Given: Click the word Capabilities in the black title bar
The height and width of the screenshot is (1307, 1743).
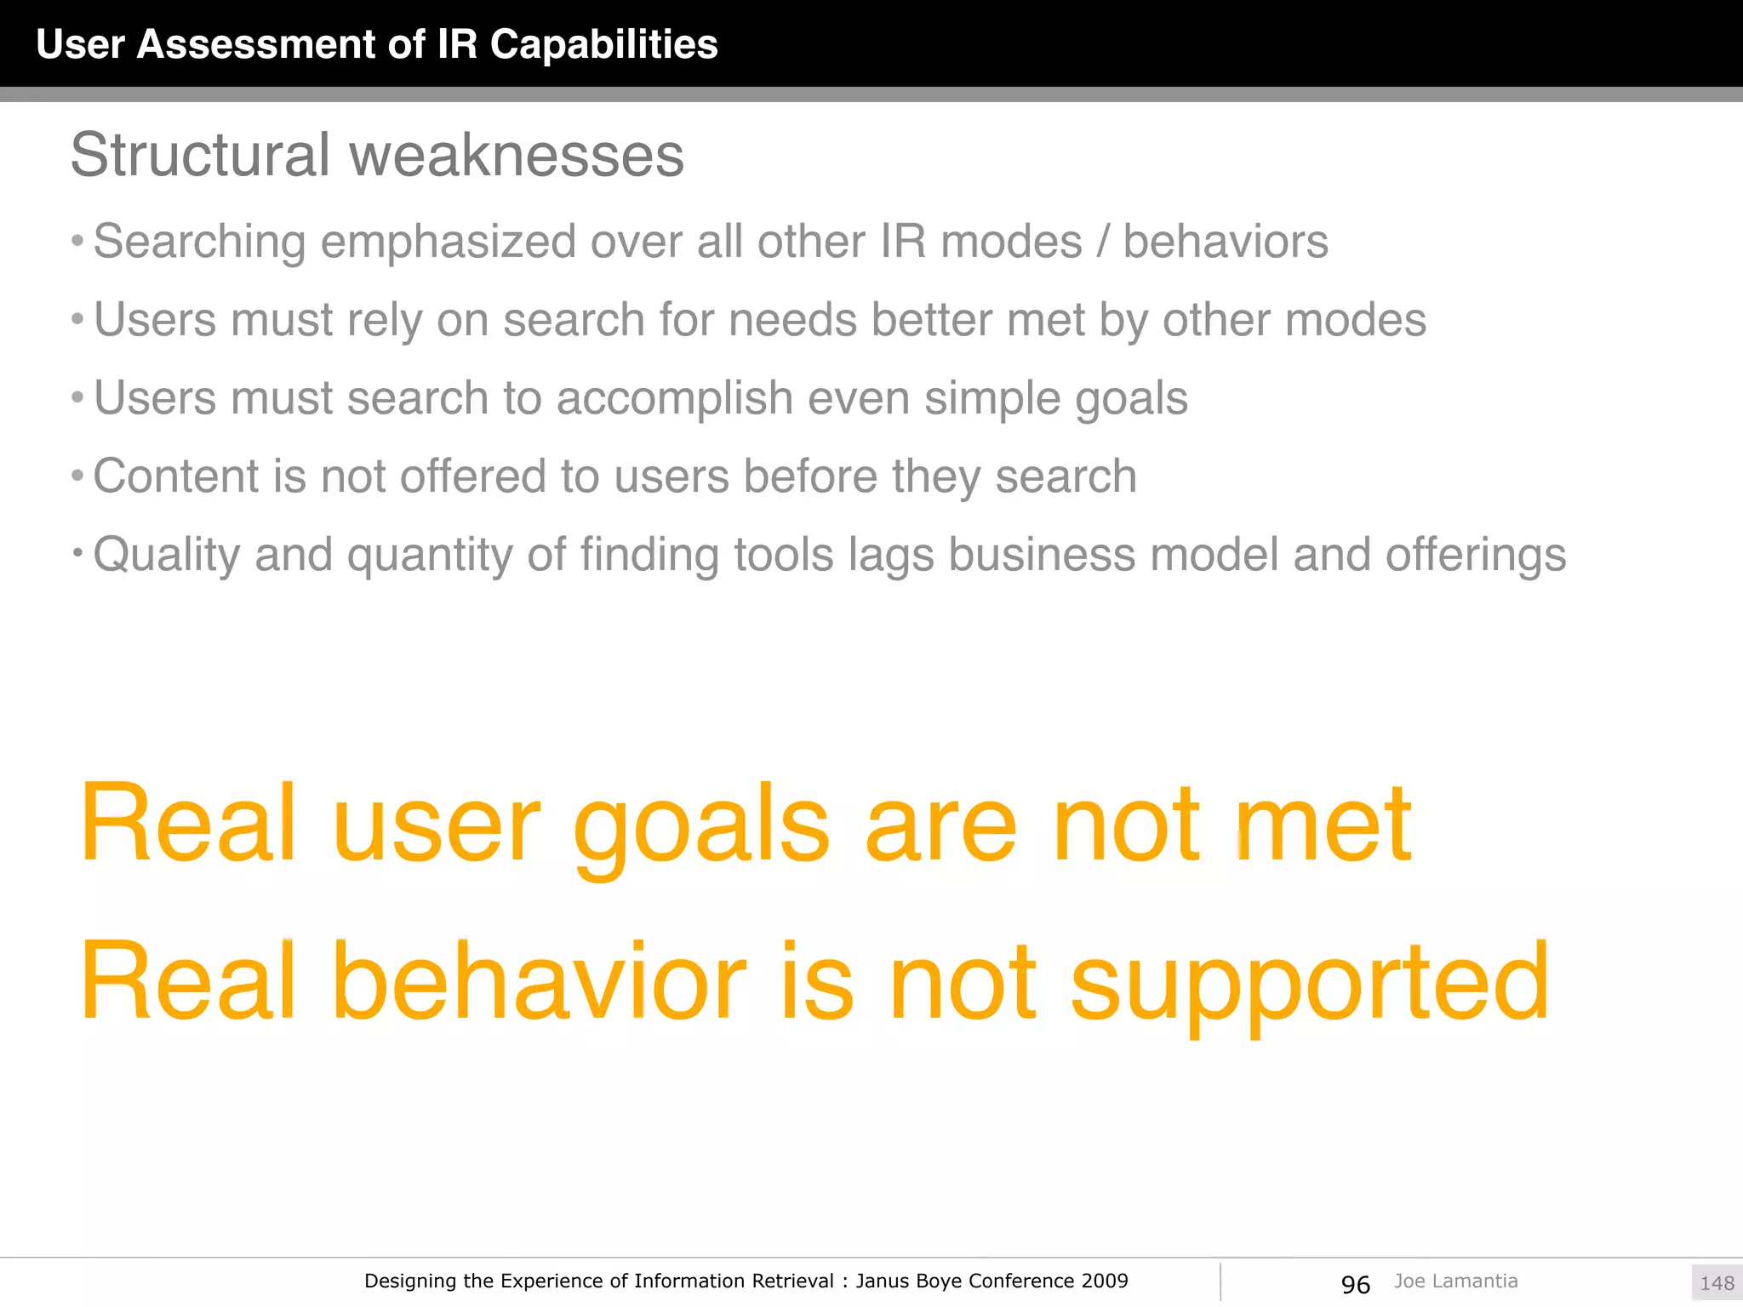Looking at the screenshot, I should pyautogui.click(x=603, y=44).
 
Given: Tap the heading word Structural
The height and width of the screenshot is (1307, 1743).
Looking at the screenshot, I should pyautogui.click(x=200, y=155).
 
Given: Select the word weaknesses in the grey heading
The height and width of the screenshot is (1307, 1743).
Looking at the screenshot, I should pyautogui.click(x=517, y=155).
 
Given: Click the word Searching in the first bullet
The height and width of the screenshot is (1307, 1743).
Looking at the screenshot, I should pyautogui.click(x=199, y=242).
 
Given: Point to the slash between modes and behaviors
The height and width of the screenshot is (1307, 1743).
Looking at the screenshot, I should pyautogui.click(x=1103, y=242).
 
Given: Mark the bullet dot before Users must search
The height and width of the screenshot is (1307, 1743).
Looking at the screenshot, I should pyautogui.click(x=77, y=397).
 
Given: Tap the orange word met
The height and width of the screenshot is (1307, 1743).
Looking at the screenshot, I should pyautogui.click(x=1323, y=825).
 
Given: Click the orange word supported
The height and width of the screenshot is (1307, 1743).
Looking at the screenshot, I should pyautogui.click(x=1309, y=983).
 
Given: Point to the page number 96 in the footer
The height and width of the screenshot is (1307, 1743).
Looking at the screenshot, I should pyautogui.click(x=1355, y=1284).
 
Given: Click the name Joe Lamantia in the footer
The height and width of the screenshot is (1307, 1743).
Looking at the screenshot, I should pyautogui.click(x=1455, y=1281).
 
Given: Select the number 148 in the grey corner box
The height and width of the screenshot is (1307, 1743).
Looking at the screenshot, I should pyautogui.click(x=1717, y=1283).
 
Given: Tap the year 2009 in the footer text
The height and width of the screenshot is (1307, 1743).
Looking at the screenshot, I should pyautogui.click(x=1105, y=1281).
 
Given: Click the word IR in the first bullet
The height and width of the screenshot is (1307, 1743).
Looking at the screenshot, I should pyautogui.click(x=903, y=242).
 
